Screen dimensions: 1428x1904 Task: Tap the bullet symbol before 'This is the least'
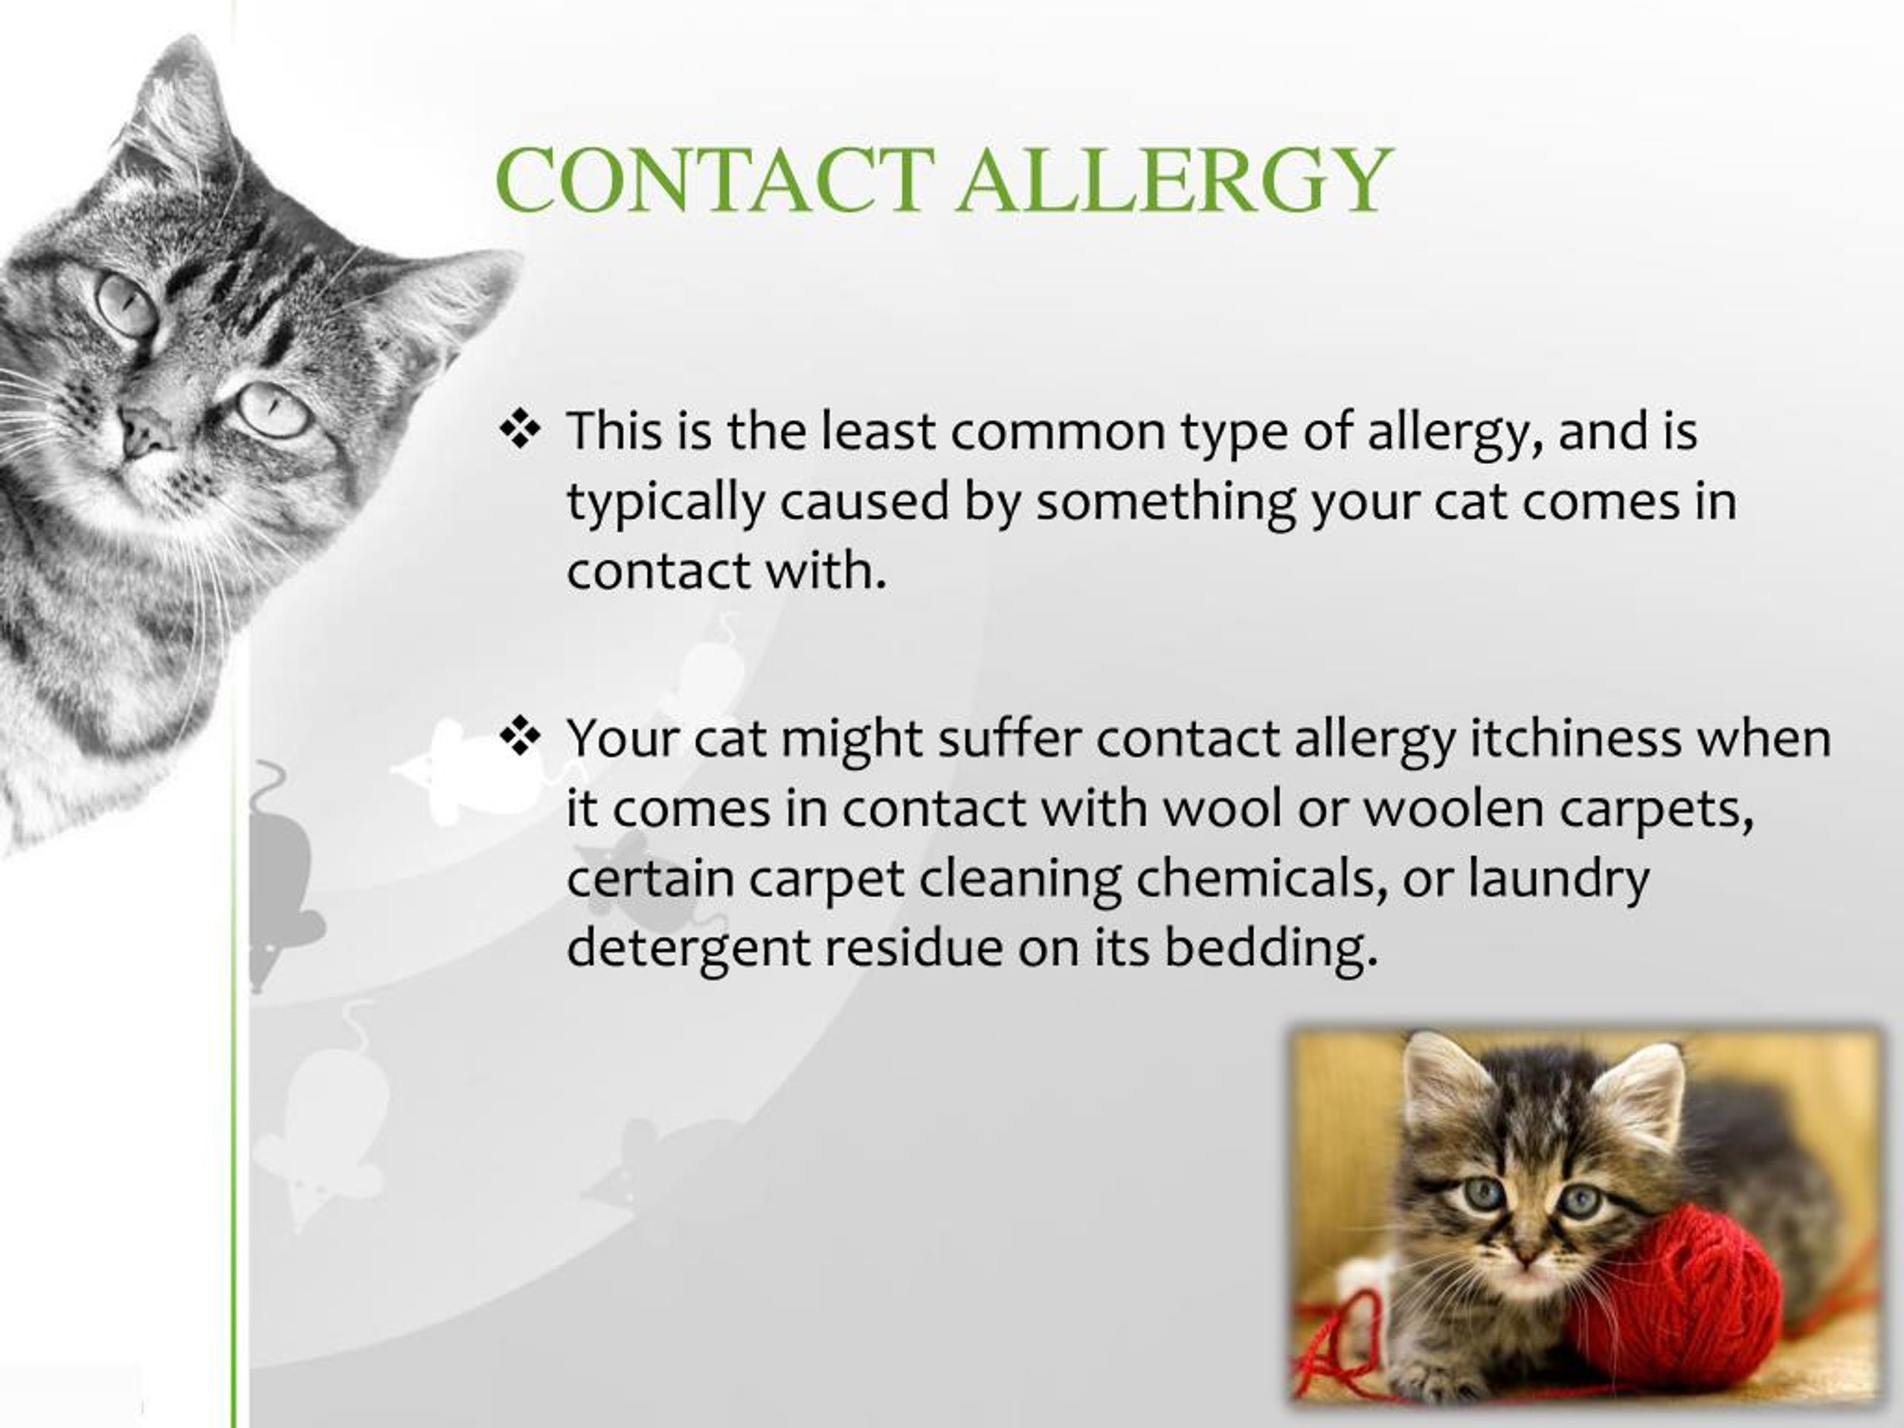click(519, 430)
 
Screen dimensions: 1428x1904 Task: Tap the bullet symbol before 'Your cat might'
click(519, 737)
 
